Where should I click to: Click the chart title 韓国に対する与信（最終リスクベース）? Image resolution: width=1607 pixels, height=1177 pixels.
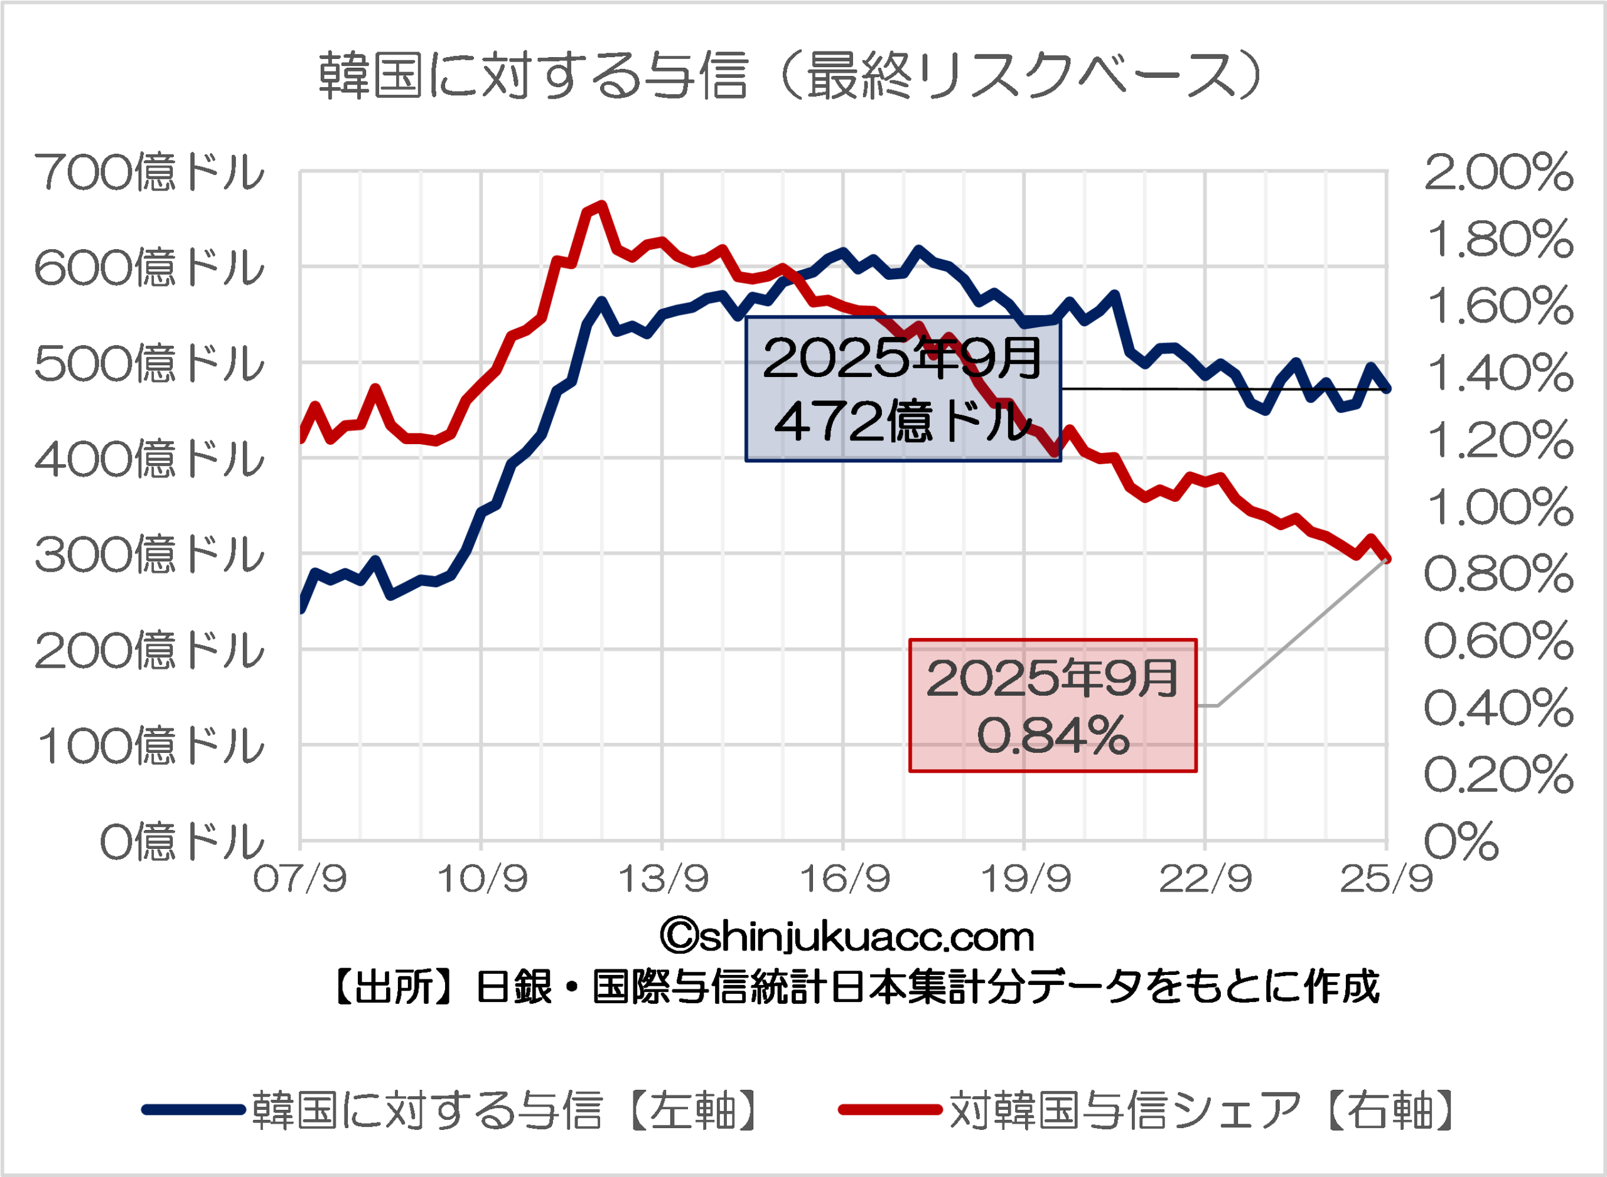pos(790,75)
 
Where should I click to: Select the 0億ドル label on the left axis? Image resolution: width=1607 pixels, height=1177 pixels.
pos(181,841)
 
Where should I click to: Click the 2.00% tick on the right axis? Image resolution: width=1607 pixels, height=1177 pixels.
pos(1498,173)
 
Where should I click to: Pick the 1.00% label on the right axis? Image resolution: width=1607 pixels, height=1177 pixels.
pos(1498,508)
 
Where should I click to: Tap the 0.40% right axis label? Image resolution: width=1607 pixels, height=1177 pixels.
pos(1498,708)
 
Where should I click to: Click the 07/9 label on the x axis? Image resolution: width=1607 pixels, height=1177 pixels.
pos(300,880)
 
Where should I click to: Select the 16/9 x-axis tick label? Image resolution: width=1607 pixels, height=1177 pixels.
pos(844,880)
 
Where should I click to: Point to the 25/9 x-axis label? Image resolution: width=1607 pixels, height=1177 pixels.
pos(1386,880)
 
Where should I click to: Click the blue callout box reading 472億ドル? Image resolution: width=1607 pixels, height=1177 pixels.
pos(903,390)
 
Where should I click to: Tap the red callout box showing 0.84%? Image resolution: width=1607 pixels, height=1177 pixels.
pos(1053,705)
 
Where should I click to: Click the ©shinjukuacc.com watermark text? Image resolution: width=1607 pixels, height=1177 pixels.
pos(847,937)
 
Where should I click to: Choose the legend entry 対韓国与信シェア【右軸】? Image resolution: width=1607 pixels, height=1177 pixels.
pos(1147,1110)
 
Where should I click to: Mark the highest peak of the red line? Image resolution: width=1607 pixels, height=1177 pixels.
pos(602,206)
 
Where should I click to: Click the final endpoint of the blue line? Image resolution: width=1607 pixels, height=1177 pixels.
pos(1387,389)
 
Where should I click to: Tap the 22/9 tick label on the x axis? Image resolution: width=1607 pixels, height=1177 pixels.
pos(1206,880)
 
